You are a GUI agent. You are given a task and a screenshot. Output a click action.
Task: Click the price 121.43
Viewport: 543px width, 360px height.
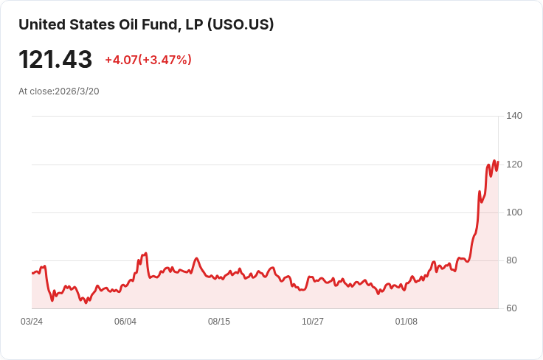click(x=55, y=60)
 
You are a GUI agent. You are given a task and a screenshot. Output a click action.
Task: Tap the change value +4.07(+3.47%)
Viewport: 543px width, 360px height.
click(x=148, y=60)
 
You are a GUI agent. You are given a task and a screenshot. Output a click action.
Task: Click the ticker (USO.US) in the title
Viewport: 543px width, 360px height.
click(x=241, y=24)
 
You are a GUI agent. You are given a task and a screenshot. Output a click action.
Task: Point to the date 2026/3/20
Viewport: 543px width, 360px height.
click(x=79, y=91)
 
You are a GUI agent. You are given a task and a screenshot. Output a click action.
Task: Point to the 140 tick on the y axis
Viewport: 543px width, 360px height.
click(x=514, y=116)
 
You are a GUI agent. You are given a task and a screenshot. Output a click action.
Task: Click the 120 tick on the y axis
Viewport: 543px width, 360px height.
click(x=514, y=164)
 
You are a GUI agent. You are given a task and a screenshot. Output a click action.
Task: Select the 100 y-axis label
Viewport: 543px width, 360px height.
click(x=514, y=212)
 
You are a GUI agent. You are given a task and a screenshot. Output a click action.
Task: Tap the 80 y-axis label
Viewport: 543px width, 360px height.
click(x=511, y=260)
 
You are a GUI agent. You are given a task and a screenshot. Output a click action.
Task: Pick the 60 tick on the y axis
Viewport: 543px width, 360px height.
click(x=511, y=308)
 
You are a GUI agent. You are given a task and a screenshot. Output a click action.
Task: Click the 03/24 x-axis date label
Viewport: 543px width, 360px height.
click(x=32, y=322)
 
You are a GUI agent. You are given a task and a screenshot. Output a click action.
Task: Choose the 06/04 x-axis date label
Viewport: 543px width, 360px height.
click(x=125, y=322)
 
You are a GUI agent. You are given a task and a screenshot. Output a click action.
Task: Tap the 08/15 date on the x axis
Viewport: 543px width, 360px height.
click(x=219, y=322)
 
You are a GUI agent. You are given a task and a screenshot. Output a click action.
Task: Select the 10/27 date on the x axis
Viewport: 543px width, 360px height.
click(x=313, y=322)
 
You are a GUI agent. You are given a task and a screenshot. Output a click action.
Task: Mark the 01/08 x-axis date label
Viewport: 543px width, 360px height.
click(x=407, y=322)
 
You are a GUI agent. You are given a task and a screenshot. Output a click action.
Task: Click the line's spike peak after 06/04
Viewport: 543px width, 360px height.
click(x=146, y=253)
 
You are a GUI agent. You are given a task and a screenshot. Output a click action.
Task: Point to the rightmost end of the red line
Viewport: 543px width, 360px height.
click(x=498, y=162)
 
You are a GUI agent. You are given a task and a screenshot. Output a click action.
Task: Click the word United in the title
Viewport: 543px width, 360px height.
click(x=41, y=24)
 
